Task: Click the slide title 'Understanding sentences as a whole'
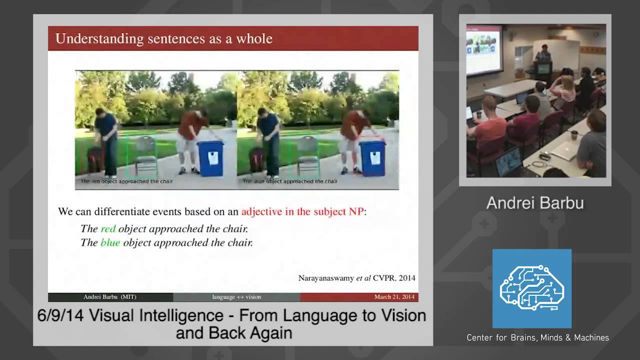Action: (x=163, y=38)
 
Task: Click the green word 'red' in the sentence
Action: (x=108, y=228)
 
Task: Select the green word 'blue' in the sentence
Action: (x=110, y=242)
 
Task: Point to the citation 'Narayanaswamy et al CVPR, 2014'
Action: (x=356, y=278)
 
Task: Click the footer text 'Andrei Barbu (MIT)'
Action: (x=109, y=297)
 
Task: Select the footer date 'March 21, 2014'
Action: (x=394, y=297)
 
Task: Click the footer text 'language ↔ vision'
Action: (x=236, y=297)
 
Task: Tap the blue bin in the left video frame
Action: (x=210, y=158)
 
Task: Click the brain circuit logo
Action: (x=532, y=288)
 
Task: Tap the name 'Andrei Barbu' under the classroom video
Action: (x=534, y=202)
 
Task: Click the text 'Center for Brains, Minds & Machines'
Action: (x=537, y=338)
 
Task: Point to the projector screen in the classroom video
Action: (x=483, y=49)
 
